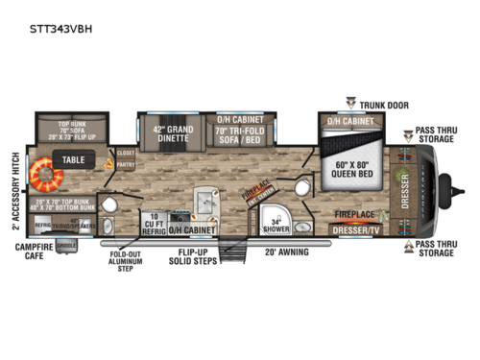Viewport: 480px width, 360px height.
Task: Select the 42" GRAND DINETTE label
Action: click(167, 131)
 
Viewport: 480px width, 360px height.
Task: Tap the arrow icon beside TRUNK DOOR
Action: click(351, 101)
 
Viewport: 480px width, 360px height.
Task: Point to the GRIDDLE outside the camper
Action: click(67, 247)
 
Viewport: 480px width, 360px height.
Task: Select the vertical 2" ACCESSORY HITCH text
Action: click(16, 189)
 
